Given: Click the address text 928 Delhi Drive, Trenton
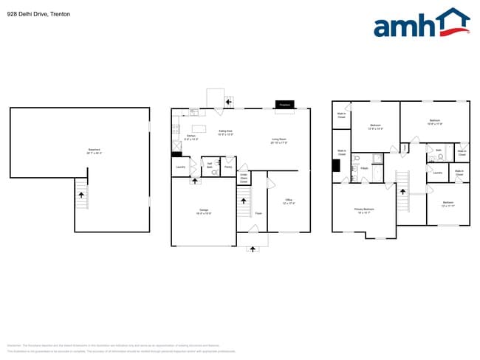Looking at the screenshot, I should click(x=38, y=14).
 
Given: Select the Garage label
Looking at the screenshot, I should click(x=203, y=211).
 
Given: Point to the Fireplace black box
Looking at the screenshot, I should click(x=284, y=105).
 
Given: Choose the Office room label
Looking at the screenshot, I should click(x=289, y=201).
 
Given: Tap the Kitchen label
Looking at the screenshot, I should click(x=191, y=136).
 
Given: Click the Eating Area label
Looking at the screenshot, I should click(x=225, y=133).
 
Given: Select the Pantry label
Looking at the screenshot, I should click(x=228, y=167).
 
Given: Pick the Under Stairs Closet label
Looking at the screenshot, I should click(x=244, y=178).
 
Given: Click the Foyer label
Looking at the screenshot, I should click(x=258, y=214).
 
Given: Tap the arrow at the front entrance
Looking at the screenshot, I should click(x=253, y=249).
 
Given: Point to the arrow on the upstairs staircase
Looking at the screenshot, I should click(x=403, y=189).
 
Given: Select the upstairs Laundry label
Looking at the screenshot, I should click(x=437, y=173).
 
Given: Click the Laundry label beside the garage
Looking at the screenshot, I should click(x=180, y=167).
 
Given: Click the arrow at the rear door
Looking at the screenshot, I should click(x=229, y=100).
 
